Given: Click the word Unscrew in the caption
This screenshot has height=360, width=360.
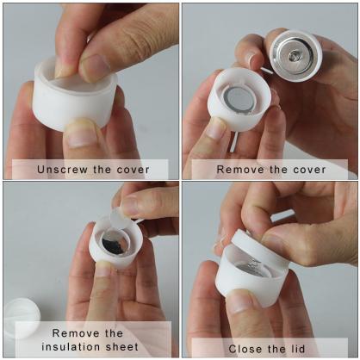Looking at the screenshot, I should pos(61,169).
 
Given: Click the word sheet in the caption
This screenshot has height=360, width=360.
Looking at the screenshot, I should pos(121,346).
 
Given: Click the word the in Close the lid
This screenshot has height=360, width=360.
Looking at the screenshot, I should pos(277,348).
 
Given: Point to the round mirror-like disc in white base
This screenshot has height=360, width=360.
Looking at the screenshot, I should pos(239,98).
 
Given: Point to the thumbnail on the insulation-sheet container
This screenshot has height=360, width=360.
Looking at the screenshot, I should pos(103,270).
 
